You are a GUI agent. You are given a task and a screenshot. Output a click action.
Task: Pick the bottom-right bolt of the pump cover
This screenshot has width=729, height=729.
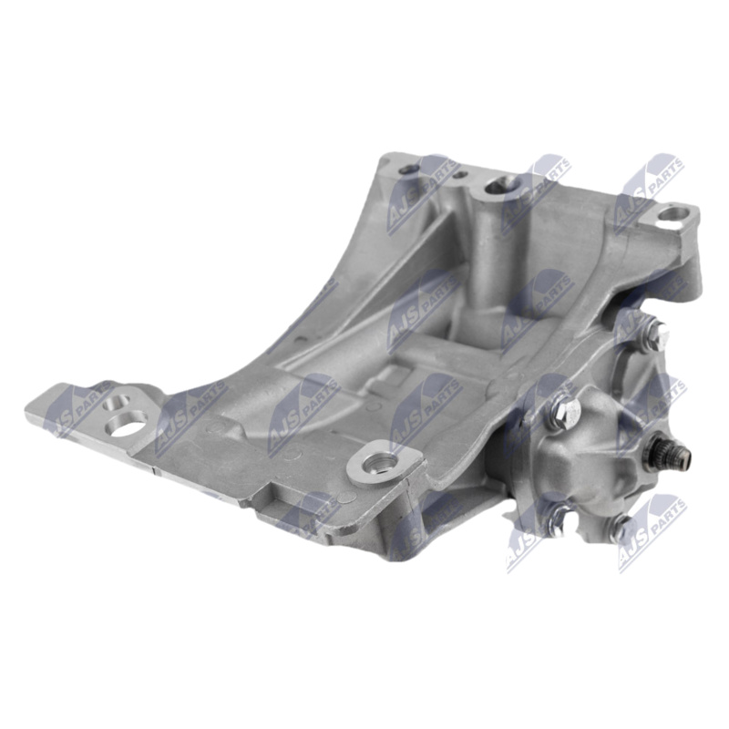(622, 527)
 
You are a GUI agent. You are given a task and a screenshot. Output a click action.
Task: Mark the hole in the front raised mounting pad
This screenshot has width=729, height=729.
(374, 463)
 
